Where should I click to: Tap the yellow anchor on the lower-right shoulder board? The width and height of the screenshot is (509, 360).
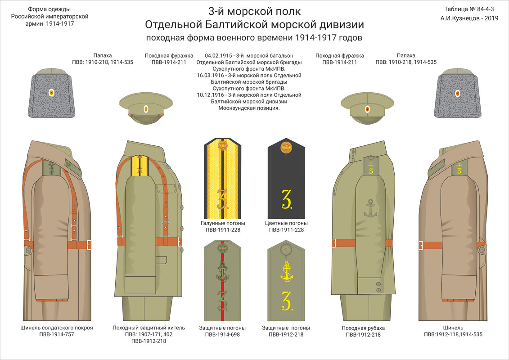tap(286, 271)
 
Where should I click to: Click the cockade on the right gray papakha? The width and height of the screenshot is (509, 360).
tap(458, 94)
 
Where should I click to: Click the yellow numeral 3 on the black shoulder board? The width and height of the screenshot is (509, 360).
tap(287, 199)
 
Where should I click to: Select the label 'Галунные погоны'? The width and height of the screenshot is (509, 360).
tap(223, 223)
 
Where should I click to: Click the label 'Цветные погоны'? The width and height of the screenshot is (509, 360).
tap(286, 223)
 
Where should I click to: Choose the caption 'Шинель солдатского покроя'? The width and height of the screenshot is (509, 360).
tap(57, 328)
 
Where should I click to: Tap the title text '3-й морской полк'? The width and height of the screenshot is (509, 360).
tap(254, 11)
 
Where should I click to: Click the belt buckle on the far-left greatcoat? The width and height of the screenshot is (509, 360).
tap(89, 245)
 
